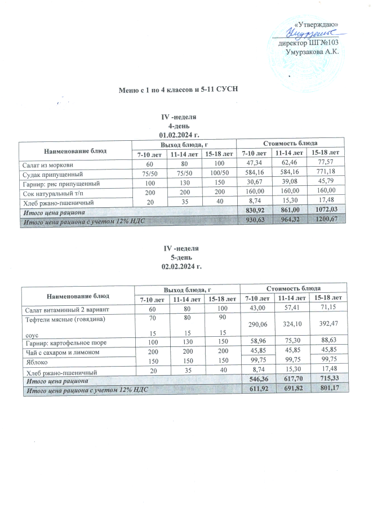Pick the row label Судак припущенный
(x=51, y=174)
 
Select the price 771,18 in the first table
(x=327, y=174)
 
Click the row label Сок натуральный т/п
(x=54, y=193)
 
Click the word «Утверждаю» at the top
(x=317, y=24)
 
